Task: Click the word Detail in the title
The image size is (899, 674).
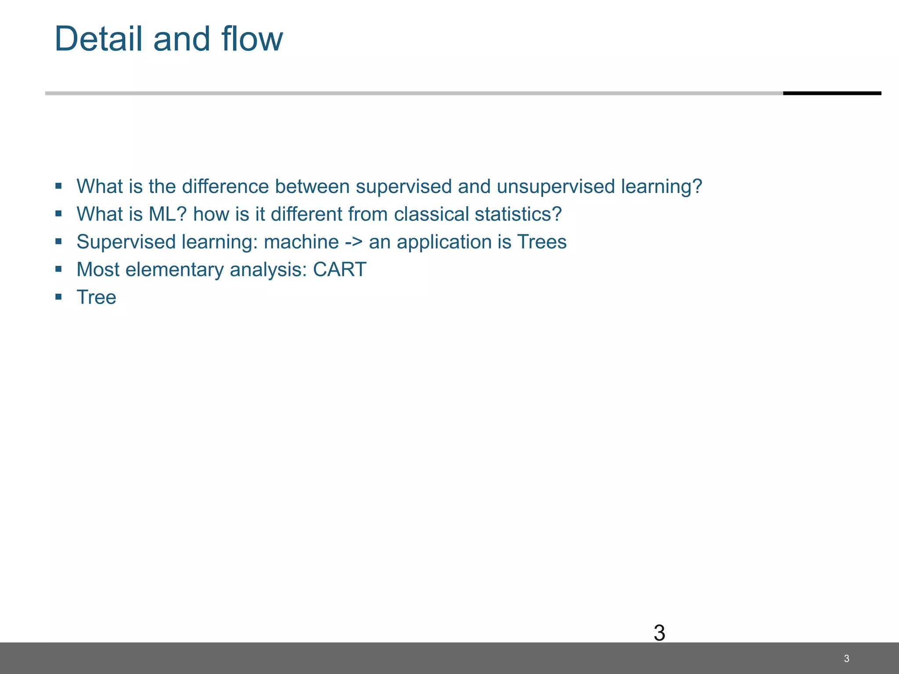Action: [99, 39]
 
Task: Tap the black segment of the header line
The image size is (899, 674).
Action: [832, 93]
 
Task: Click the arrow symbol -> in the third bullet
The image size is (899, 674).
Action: [354, 242]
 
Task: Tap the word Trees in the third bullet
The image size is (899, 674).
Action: [542, 242]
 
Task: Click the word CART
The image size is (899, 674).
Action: [339, 269]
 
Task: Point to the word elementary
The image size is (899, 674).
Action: [175, 269]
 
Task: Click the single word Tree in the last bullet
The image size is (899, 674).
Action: [97, 297]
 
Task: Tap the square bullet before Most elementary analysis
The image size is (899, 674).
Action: [58, 269]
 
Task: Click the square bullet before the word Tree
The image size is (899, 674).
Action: [58, 297]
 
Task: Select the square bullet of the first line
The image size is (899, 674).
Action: [58, 186]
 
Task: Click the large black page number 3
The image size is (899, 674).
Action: [659, 633]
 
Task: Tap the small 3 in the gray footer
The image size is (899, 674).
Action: [846, 658]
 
